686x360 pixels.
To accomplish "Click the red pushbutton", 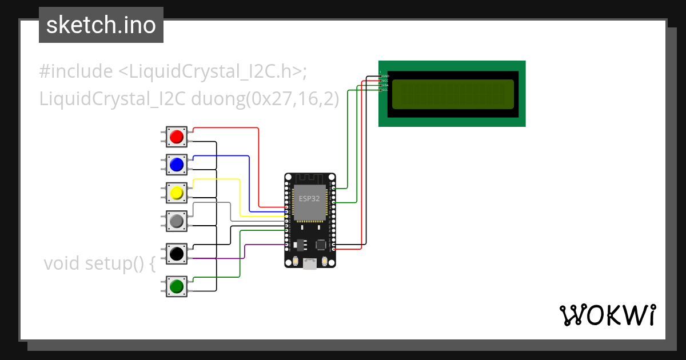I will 177,137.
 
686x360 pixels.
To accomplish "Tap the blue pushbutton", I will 177,165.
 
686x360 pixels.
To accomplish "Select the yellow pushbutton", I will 177,193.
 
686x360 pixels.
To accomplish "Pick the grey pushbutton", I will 177,221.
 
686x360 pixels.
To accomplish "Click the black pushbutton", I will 177,253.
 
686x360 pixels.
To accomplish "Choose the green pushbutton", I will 177,285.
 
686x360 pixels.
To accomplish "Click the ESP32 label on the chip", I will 309,199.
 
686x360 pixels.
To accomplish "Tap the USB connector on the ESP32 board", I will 310,263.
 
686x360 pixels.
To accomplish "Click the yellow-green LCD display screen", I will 452,94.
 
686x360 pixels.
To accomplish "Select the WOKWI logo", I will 607,315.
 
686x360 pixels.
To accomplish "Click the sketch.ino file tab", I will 101,25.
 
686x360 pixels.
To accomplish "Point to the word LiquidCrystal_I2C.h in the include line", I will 210,71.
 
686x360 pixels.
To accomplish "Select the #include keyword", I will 76,71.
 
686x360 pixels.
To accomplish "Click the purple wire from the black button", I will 229,259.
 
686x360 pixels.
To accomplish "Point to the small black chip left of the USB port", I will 298,244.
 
